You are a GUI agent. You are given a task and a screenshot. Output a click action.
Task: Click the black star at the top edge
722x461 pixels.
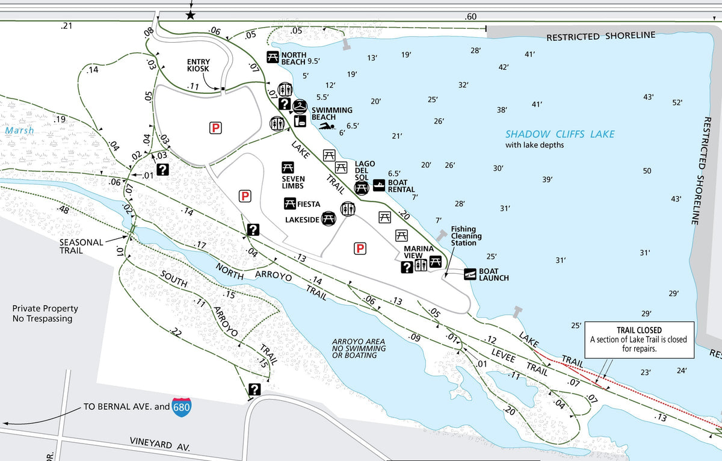[191, 15]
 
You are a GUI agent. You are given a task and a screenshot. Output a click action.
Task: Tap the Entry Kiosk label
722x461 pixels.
[198, 66]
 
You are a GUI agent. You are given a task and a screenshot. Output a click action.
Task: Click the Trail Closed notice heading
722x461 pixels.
[639, 330]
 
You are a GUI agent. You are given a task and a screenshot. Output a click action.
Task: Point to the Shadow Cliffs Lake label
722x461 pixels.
[560, 134]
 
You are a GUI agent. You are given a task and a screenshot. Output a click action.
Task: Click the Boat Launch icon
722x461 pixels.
[471, 274]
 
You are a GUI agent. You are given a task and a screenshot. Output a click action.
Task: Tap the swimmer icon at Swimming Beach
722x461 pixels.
[327, 126]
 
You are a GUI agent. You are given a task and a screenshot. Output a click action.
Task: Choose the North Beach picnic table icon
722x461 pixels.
[272, 58]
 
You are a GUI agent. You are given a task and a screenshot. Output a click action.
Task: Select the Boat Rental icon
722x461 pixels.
[380, 185]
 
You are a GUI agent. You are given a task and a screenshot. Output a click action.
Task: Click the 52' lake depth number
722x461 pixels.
[677, 102]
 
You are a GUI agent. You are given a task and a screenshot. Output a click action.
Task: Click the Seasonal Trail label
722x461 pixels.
[81, 246]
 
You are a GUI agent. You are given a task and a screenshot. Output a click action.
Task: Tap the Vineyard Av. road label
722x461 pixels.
[160, 444]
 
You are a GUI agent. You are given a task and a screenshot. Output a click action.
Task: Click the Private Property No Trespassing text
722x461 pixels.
[45, 314]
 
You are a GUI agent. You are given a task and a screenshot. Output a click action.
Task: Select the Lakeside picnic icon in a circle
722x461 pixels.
[329, 218]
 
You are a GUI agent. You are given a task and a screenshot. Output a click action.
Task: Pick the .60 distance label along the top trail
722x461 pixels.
[471, 17]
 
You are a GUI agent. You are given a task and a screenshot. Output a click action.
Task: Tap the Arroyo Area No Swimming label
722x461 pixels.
[359, 348]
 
